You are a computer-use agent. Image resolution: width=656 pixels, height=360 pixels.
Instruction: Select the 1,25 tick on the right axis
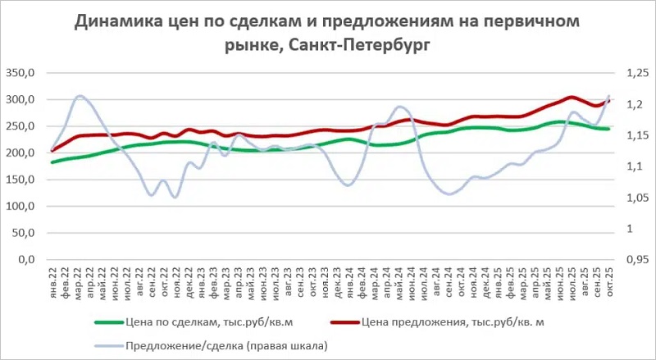[637, 73]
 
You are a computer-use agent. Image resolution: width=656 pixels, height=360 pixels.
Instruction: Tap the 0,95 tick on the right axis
[637, 260]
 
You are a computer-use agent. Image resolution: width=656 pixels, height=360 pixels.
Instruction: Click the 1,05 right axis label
[637, 198]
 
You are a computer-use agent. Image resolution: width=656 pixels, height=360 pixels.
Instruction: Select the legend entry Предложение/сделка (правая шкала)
[227, 347]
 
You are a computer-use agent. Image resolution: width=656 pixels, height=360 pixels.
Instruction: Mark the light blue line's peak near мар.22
[80, 96]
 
